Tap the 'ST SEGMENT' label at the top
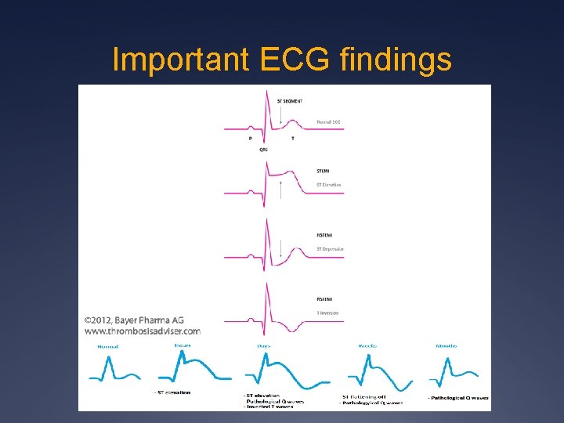click(290, 101)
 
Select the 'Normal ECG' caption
click(329, 122)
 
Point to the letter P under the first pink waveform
click(250, 138)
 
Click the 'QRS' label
click(264, 149)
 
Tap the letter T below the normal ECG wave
click(293, 138)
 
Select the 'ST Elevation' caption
click(329, 185)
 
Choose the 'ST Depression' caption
click(330, 249)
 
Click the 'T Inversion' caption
click(327, 313)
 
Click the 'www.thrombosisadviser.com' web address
click(142, 331)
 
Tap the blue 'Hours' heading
click(183, 345)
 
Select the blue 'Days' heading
click(264, 345)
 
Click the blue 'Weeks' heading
click(367, 345)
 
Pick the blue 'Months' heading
click(446, 345)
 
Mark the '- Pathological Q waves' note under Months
click(458, 398)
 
